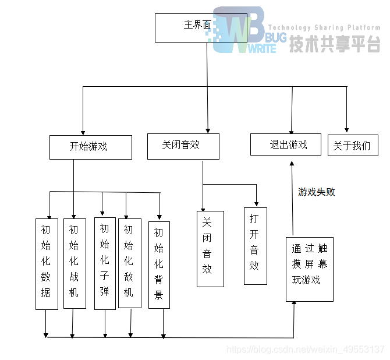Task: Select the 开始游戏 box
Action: (x=90, y=147)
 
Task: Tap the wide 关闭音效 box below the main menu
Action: (x=183, y=146)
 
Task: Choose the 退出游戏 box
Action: (x=285, y=144)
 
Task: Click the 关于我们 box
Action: (x=353, y=146)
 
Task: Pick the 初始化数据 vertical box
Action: (x=47, y=263)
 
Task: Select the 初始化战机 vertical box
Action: (x=74, y=263)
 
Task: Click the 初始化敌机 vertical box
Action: (x=129, y=263)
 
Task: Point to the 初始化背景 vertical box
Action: (x=158, y=265)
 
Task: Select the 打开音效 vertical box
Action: (x=255, y=246)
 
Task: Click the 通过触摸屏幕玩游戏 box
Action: (x=309, y=269)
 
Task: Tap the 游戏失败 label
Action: (x=316, y=192)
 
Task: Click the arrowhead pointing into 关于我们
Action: (x=347, y=130)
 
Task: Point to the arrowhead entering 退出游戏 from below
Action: (x=293, y=165)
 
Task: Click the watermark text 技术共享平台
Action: (x=335, y=44)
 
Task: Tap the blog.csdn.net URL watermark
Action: (x=304, y=350)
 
